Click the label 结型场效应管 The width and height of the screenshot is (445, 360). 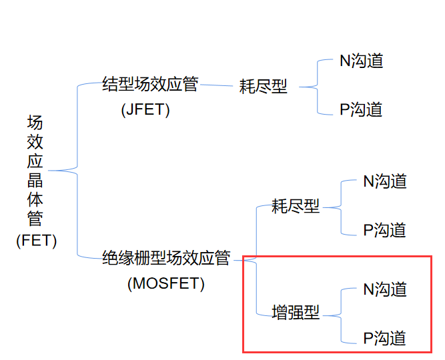(x=150, y=85)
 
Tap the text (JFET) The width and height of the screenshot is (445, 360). (x=145, y=110)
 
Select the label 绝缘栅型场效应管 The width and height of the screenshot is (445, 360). (x=165, y=258)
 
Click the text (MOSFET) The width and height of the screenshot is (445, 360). (x=165, y=283)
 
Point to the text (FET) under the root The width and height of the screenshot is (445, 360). (x=37, y=241)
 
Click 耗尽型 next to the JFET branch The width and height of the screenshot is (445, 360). (x=263, y=87)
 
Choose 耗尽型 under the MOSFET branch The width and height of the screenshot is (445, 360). (x=296, y=207)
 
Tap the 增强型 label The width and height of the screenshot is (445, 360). (x=296, y=312)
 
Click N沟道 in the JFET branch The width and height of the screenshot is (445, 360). (x=362, y=61)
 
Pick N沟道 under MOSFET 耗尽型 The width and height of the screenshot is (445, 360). (x=385, y=181)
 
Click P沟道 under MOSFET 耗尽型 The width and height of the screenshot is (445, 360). (x=384, y=230)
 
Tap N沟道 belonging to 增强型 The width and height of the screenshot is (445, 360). (x=385, y=289)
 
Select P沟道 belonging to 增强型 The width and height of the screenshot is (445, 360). (x=384, y=338)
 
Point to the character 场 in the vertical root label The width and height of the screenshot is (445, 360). (x=35, y=123)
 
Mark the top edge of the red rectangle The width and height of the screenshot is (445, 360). (x=337, y=257)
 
